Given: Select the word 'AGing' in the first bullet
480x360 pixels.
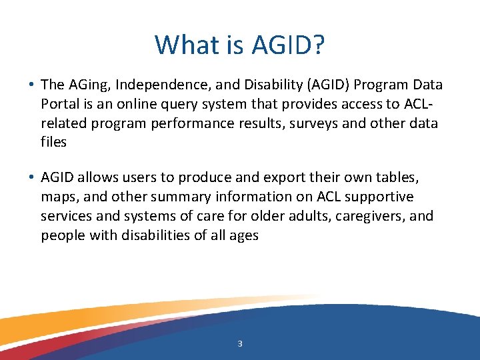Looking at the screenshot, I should pos(84,85).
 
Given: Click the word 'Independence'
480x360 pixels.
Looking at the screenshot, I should pos(158,85).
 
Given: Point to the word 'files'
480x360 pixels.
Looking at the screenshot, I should pos(54,143).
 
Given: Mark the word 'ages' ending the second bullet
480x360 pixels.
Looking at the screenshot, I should pos(243,236).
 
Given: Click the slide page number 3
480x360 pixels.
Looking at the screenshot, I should pos(240,344).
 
